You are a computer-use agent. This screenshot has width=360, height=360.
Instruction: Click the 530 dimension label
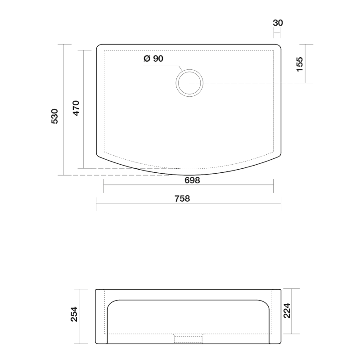[54, 117]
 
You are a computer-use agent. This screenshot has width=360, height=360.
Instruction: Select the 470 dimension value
[76, 108]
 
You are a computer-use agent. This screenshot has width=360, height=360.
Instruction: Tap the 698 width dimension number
[192, 180]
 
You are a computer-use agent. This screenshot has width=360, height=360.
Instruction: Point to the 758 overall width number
[182, 198]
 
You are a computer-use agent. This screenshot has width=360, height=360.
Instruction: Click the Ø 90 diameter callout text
[153, 58]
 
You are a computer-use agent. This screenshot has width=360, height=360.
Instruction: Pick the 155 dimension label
[300, 64]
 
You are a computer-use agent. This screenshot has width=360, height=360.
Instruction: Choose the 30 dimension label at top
[278, 23]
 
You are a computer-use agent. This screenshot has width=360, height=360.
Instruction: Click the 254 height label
[74, 314]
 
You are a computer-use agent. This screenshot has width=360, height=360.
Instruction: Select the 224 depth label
[287, 310]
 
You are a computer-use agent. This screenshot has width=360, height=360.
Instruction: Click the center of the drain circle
[189, 83]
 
